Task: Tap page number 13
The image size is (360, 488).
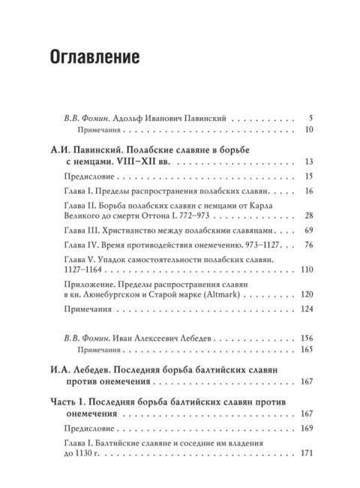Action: [x=309, y=163]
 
